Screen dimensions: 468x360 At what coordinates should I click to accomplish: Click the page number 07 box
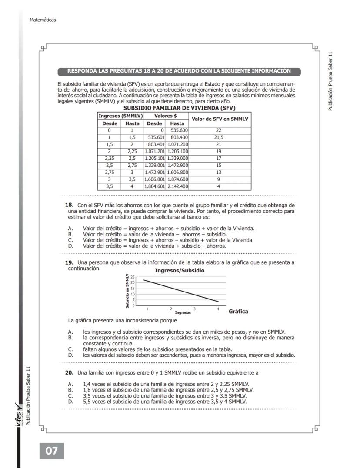tap(52, 451)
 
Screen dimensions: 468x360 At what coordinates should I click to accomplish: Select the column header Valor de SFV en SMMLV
tap(218, 119)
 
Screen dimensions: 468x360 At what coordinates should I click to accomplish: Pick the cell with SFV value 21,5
tap(218, 137)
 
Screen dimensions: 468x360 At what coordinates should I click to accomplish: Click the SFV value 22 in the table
tap(218, 130)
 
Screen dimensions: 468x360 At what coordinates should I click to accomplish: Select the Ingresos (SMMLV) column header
tap(120, 116)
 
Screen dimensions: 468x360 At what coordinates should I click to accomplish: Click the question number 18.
tap(69, 205)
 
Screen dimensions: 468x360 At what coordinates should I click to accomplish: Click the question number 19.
tap(69, 263)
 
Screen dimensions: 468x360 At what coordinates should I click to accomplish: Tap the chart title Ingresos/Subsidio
tap(180, 270)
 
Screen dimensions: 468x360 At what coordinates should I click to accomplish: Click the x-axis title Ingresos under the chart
tap(183, 312)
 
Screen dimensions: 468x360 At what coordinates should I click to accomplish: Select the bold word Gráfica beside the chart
tap(238, 312)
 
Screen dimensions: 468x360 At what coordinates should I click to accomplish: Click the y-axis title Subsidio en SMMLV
tap(127, 291)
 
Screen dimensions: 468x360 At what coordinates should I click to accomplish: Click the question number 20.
tap(69, 373)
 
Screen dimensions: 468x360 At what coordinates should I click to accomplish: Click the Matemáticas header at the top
tap(43, 20)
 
